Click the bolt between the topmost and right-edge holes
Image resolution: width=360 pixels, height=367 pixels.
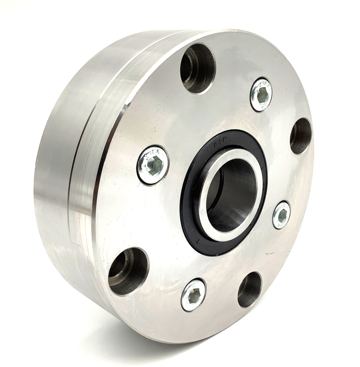pyautogui.click(x=261, y=94)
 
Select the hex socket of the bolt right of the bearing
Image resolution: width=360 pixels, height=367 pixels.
pyautogui.click(x=282, y=215)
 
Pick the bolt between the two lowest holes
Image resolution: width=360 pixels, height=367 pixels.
pyautogui.click(x=193, y=295)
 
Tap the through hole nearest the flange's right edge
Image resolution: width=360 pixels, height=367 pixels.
pyautogui.click(x=301, y=136)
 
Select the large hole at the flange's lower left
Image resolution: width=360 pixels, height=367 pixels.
pyautogui.click(x=128, y=271)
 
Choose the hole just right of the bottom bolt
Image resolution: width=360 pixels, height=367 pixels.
pyautogui.click(x=250, y=290)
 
